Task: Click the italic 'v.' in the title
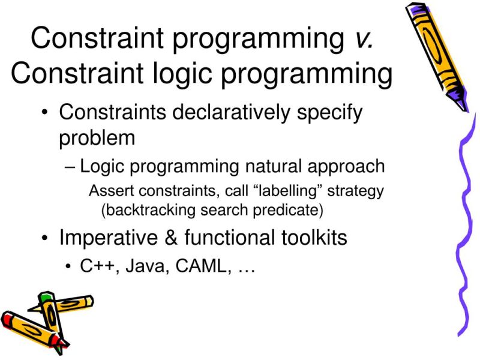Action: (x=362, y=38)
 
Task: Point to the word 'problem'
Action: (x=97, y=139)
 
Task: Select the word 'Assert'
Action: (x=108, y=191)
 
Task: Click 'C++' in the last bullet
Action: (x=95, y=268)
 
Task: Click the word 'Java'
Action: (x=142, y=268)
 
